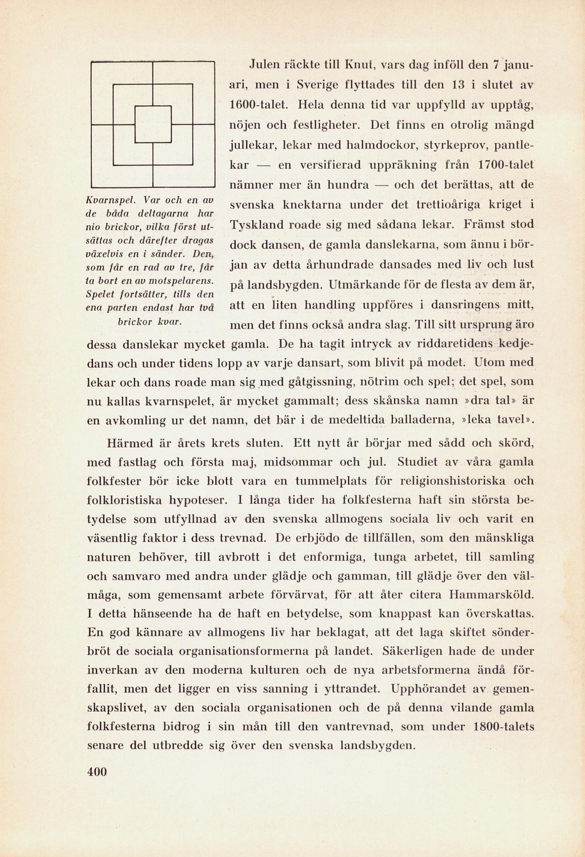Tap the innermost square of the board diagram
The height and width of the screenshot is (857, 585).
pos(153,124)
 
